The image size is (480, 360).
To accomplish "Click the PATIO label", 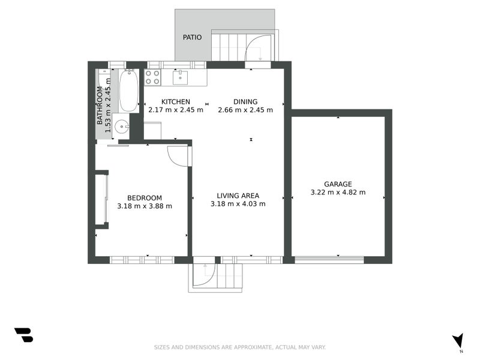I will pos(192,37).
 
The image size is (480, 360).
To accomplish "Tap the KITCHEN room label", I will pos(176,101).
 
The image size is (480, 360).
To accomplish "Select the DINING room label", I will pos(245,101).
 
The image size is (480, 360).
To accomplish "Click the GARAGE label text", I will pos(338,184).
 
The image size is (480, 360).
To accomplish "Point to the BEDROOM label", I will pos(145,198).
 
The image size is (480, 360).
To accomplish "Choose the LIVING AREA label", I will pos(238,195).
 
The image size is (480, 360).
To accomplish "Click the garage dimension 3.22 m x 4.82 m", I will pos(338,193).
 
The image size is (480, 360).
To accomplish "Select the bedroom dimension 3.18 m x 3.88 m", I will pos(145,206).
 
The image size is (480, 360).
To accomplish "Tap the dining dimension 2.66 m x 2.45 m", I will pos(245,110).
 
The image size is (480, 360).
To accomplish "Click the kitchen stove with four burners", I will pos(152,77).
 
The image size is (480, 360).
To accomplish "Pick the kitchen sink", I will pos(181,77).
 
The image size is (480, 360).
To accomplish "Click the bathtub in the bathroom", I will pos(128,91).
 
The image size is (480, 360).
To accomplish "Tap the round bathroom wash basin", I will pos(121,127).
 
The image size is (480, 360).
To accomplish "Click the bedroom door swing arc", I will pos(178,155).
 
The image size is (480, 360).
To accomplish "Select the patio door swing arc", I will pos(261,46).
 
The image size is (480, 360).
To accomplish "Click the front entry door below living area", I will pos(204,272).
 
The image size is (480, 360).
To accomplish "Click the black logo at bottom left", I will pos(23,335).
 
